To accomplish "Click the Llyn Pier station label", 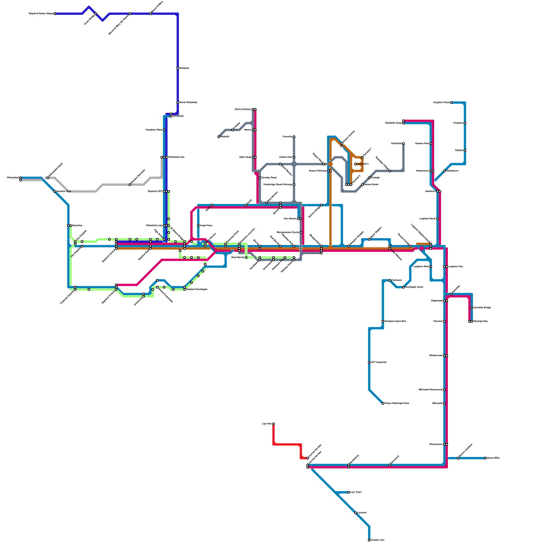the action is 267,424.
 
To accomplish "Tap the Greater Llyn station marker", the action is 369,540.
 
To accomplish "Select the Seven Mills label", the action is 493,458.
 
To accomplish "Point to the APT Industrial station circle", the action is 369,362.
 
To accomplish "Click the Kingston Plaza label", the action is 441,102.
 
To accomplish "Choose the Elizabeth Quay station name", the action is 393,123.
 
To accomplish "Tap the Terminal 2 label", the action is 363,164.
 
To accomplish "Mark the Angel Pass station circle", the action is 198,226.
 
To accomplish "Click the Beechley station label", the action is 77,225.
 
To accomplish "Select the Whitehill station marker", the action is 178,68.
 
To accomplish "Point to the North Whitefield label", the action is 188,102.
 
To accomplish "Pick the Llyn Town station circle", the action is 349,492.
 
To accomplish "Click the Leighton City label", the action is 456,266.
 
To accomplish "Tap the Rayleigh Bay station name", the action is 480,321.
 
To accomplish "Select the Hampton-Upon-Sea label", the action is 395,321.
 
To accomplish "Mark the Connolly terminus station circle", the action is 294,137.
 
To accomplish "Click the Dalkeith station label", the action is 225,136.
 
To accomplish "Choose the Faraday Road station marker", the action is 260,178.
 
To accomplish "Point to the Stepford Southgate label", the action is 197,289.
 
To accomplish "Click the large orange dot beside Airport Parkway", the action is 331,164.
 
